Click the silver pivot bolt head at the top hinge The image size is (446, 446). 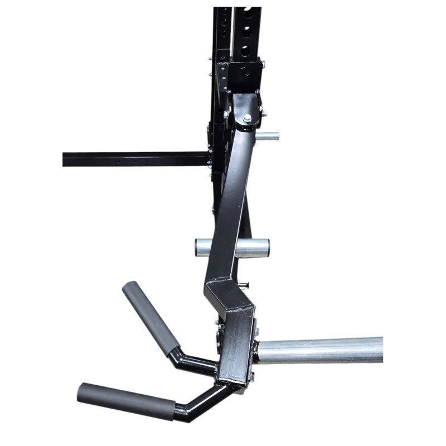247,118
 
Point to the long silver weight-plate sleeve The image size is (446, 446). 321,350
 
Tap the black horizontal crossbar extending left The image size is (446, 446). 134,159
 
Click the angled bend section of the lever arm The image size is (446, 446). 229,295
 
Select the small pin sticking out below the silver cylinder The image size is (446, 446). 244,286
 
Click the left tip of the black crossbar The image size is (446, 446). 65,159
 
